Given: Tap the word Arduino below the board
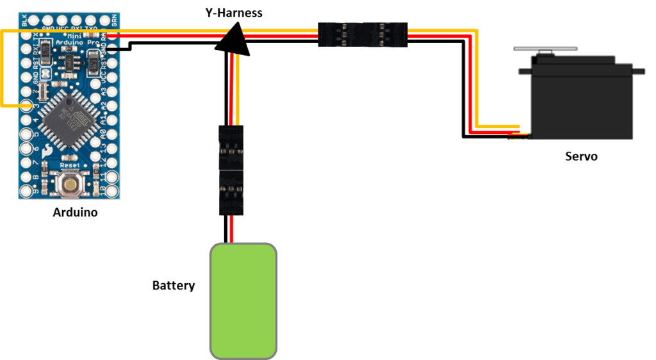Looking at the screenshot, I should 75,212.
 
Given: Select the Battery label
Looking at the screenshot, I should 173,286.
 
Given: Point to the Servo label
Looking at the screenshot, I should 581,156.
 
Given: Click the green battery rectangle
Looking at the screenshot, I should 244,300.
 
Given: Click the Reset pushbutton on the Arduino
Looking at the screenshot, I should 69,184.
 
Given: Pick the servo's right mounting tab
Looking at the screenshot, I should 638,67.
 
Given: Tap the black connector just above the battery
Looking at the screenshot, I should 231,192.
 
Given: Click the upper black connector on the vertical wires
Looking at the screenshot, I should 231,147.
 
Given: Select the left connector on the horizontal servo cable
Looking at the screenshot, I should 340,34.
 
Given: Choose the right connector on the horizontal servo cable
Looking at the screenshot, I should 385,34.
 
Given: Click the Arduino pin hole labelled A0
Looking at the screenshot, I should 113,134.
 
